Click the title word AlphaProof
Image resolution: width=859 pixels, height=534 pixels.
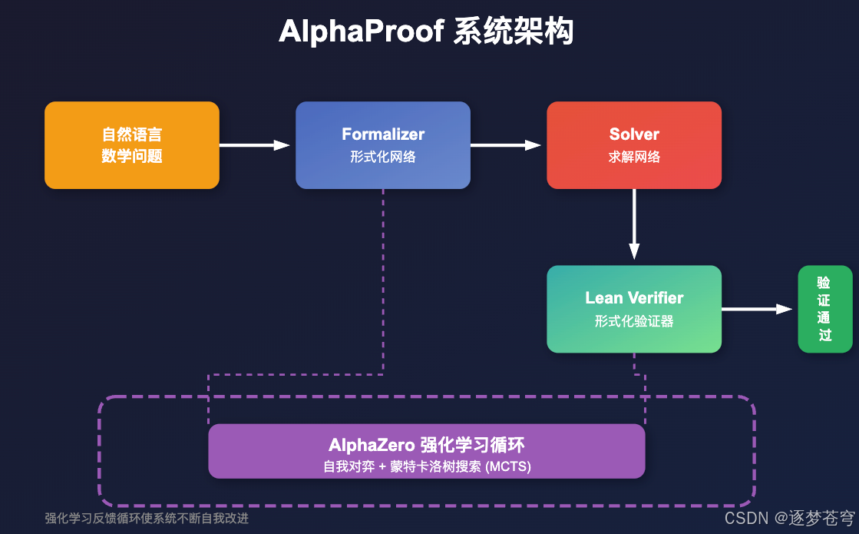point(360,32)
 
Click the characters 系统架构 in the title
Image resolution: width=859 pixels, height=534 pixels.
point(513,32)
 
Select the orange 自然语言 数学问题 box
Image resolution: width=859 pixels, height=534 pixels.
point(132,145)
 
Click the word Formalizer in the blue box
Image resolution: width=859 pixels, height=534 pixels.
point(383,134)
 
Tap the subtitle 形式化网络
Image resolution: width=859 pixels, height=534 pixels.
point(383,157)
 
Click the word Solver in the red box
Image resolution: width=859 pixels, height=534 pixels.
point(634,134)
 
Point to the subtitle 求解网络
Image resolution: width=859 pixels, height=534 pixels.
point(634,157)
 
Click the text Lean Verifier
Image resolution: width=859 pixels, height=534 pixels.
point(634,298)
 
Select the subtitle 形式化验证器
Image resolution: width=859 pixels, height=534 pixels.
point(634,321)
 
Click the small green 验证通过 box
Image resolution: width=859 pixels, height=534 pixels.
point(825,309)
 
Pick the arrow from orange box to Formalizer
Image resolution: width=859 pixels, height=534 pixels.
point(253,145)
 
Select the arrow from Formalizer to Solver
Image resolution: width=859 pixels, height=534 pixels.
point(504,145)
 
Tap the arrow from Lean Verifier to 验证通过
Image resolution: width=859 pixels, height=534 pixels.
point(755,309)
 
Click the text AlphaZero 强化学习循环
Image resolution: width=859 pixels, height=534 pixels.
point(427,445)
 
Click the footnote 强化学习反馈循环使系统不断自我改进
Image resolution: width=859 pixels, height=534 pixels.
point(147,518)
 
